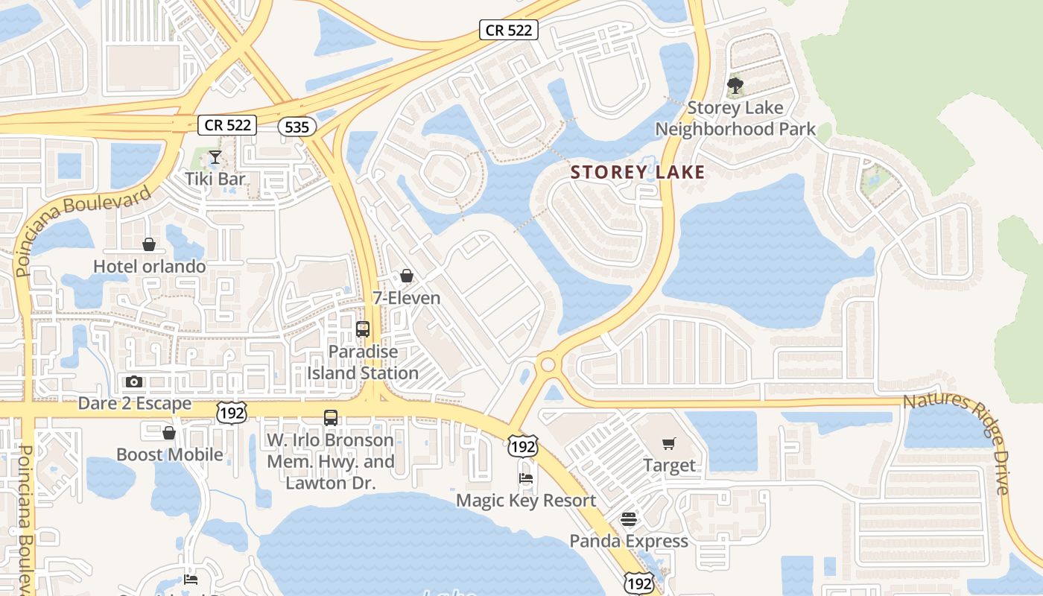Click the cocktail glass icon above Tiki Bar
215,157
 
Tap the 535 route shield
297,127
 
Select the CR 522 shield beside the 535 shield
228,124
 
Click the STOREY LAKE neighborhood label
637,173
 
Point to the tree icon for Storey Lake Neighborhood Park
735,86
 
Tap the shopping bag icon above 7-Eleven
407,276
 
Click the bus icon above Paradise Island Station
363,329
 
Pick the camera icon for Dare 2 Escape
134,382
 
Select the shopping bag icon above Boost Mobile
169,433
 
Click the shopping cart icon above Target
668,444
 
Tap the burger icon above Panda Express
629,519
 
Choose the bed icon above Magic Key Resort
526,478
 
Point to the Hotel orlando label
149,266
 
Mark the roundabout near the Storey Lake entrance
549,364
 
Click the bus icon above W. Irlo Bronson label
331,418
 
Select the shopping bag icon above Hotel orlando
149,244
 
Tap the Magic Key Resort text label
526,500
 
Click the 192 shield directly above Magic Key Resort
522,447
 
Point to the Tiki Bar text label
216,179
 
